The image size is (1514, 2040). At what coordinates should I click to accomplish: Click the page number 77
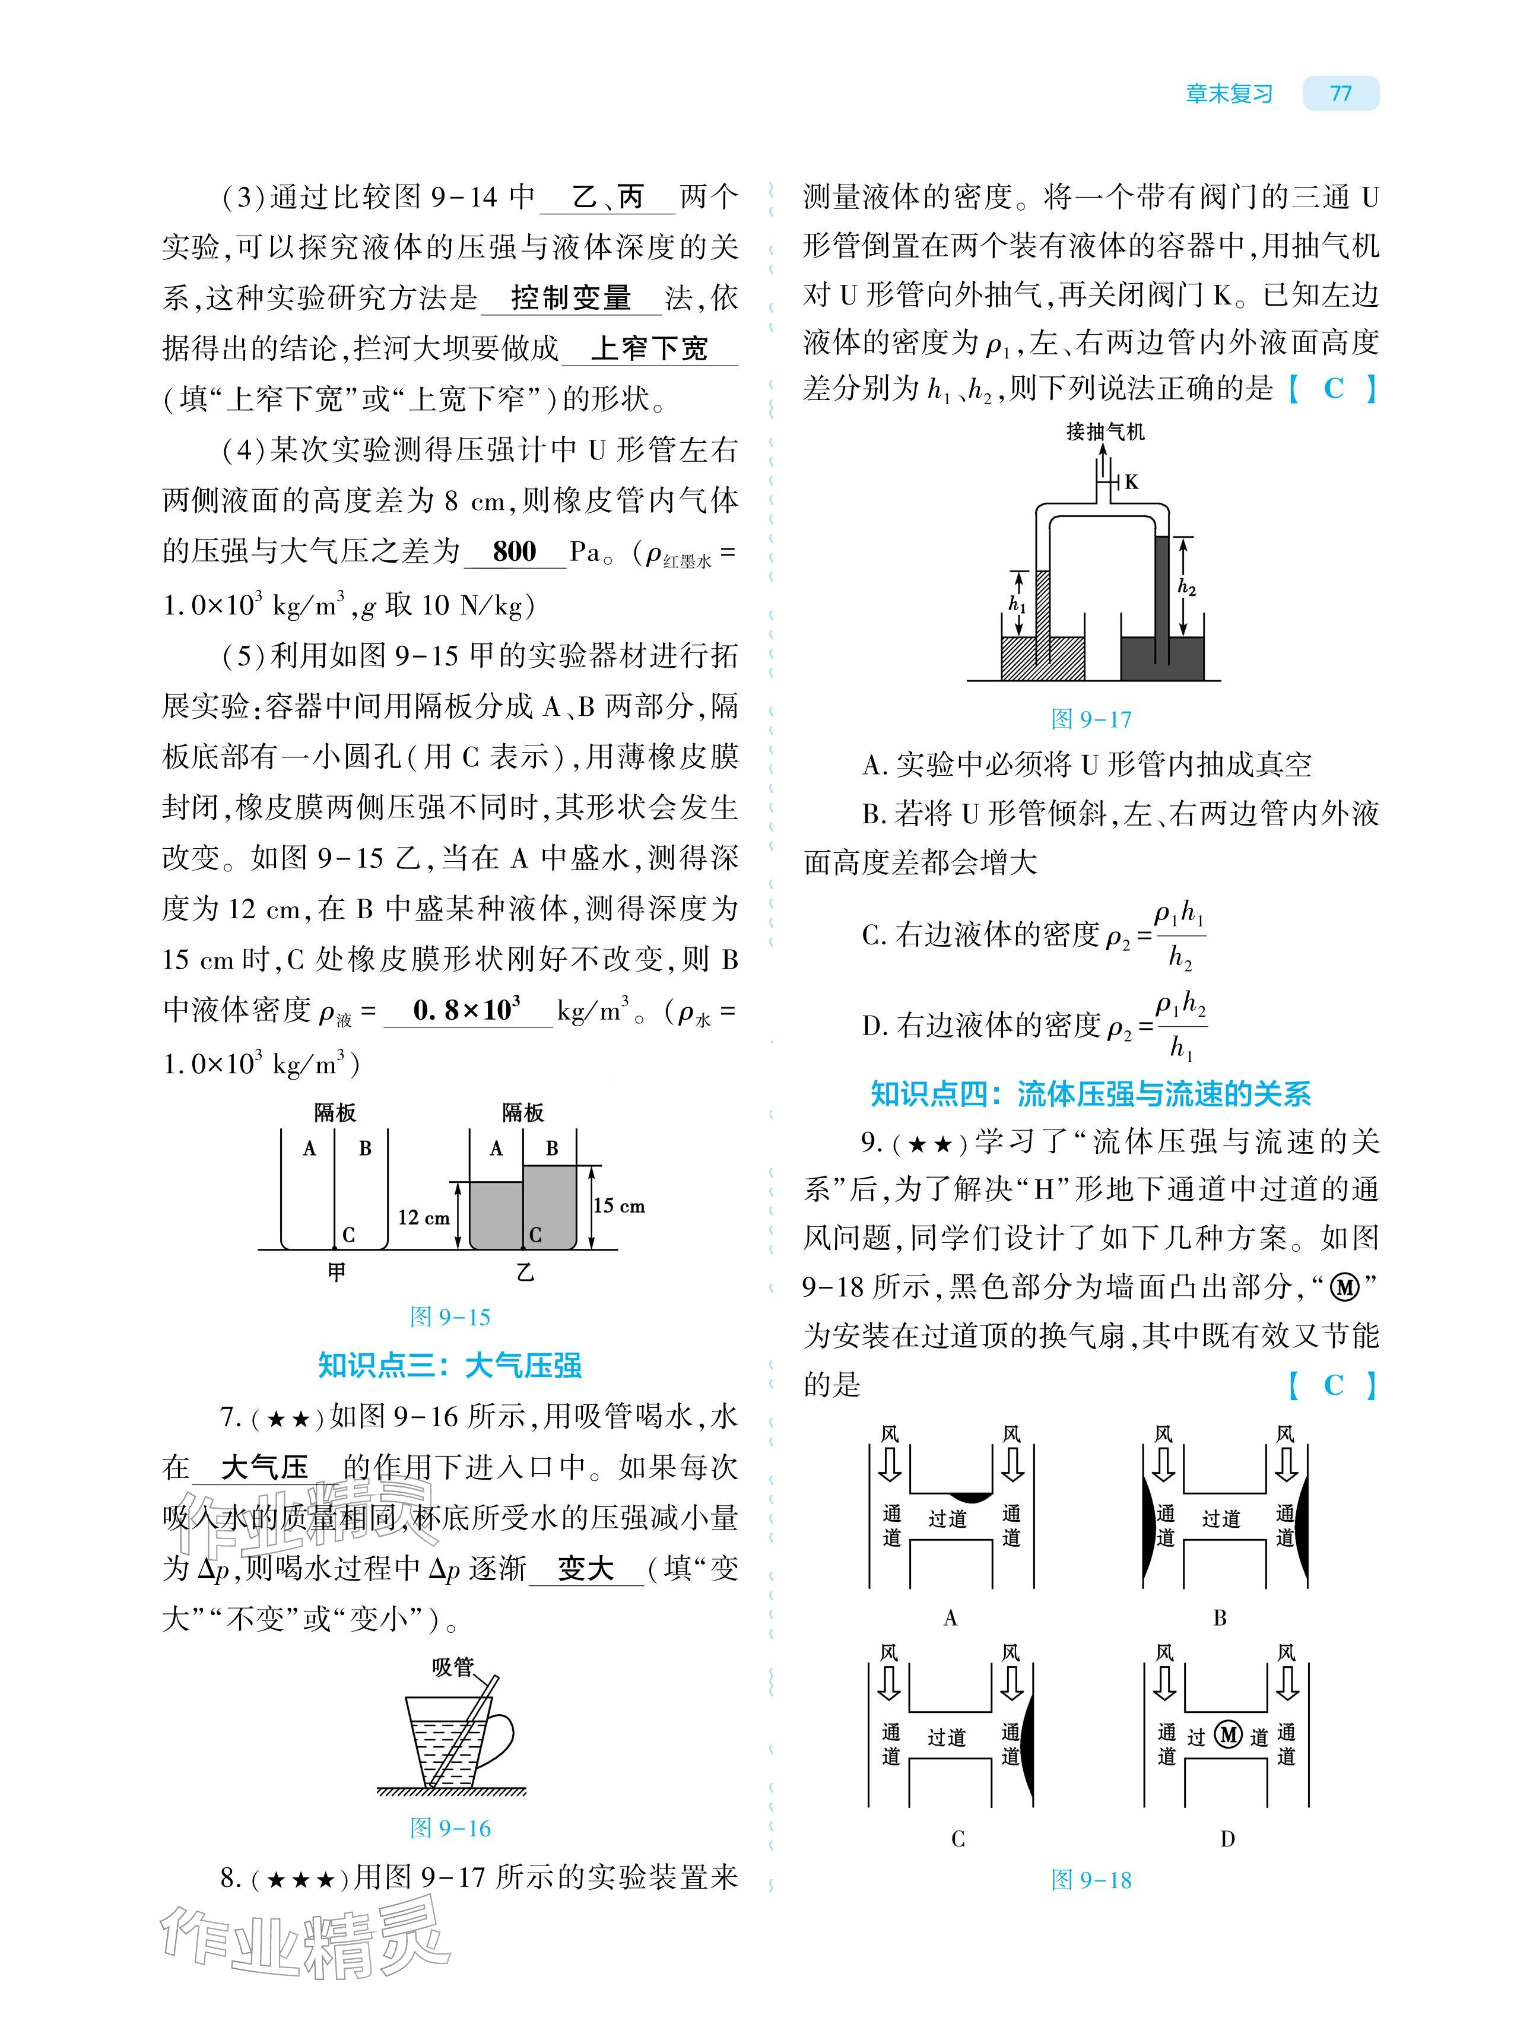(x=1340, y=93)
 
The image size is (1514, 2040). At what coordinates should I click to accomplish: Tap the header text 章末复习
(x=1229, y=93)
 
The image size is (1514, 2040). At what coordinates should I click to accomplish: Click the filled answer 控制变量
(x=571, y=298)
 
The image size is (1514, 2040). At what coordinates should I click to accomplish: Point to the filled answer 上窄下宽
(x=649, y=348)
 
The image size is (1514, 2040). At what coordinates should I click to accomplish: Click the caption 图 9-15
(x=450, y=1317)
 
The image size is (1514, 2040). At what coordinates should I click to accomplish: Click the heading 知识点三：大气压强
(x=450, y=1366)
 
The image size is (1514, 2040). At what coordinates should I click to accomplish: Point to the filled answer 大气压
(x=265, y=1468)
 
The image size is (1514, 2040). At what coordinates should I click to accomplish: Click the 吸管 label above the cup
(x=453, y=1666)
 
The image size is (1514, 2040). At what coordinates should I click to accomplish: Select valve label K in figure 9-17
(x=1132, y=482)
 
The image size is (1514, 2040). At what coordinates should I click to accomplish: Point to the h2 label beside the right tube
(x=1187, y=588)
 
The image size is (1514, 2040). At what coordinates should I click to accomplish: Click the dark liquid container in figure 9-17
(x=1162, y=658)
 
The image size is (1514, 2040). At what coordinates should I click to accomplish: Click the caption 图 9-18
(x=1091, y=1880)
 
